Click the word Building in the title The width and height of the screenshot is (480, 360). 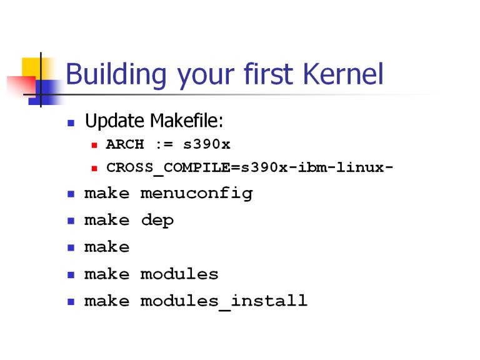(116, 74)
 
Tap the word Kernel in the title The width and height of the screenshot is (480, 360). (343, 74)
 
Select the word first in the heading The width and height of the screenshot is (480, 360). (268, 74)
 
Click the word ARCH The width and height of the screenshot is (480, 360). (125, 144)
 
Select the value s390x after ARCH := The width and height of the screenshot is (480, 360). (207, 144)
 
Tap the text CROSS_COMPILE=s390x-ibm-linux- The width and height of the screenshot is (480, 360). (249, 168)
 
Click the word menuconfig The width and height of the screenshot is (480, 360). (196, 194)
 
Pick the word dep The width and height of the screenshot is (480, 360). (157, 221)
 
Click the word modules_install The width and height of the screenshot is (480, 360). (224, 301)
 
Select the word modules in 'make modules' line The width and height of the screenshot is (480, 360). (179, 274)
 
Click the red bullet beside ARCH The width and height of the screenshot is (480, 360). (94, 145)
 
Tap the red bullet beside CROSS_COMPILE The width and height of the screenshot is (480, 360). (94, 168)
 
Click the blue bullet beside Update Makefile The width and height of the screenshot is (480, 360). (71, 123)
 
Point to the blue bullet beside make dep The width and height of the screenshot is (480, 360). (71, 221)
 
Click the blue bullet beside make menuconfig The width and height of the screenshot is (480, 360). (71, 194)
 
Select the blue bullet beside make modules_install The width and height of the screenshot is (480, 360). (71, 302)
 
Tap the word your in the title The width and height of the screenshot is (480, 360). (206, 76)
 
